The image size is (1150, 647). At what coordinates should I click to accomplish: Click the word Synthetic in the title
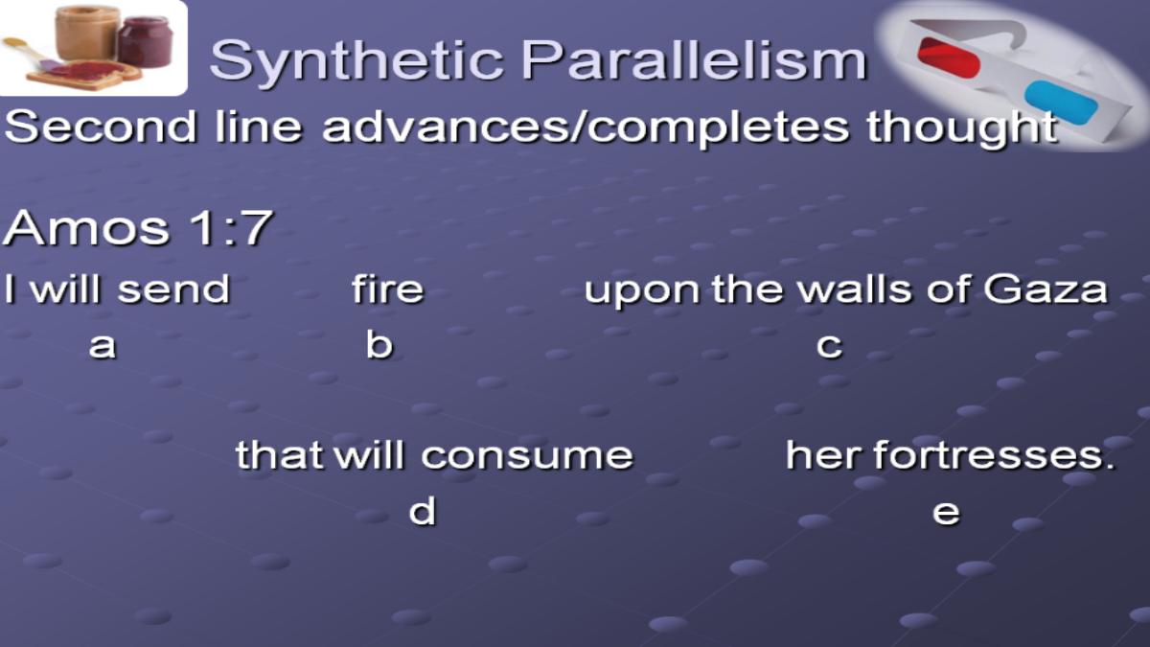tap(356, 61)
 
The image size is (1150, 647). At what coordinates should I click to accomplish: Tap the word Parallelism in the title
tap(694, 59)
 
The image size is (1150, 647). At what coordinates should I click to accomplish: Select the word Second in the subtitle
tap(101, 127)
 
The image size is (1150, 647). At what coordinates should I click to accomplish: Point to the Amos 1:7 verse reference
tap(138, 227)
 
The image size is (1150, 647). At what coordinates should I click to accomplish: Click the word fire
tap(387, 289)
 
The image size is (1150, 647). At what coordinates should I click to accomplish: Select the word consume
tap(527, 456)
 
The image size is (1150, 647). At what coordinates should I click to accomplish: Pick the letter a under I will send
tap(103, 346)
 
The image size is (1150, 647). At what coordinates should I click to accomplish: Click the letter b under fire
tap(379, 343)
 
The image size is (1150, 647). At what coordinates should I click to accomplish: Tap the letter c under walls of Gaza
tap(829, 346)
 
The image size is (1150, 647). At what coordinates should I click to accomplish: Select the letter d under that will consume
tap(422, 510)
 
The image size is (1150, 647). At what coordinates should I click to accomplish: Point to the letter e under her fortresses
tap(946, 512)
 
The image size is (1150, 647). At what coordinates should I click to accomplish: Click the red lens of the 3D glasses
tap(949, 58)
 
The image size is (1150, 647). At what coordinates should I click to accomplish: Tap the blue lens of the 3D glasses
tap(1061, 103)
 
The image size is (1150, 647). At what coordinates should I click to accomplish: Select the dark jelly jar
tap(146, 41)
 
